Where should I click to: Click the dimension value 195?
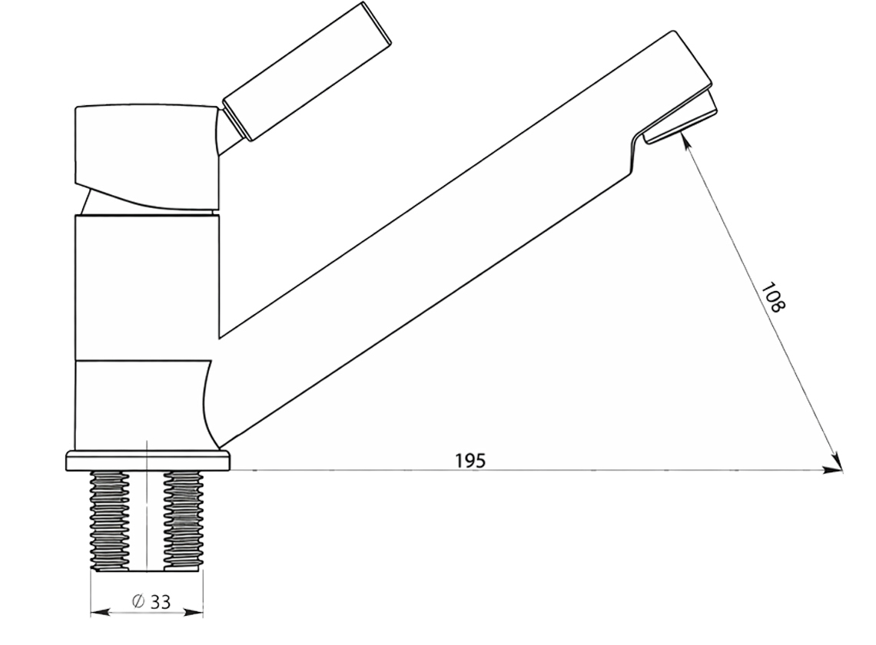pyautogui.click(x=470, y=461)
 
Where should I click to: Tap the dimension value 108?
pyautogui.click(x=773, y=298)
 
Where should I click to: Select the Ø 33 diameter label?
pyautogui.click(x=151, y=601)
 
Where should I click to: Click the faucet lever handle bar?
pyautogui.click(x=307, y=71)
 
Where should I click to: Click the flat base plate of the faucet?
pyautogui.click(x=148, y=461)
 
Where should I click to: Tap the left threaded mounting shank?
pyautogui.click(x=109, y=521)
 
